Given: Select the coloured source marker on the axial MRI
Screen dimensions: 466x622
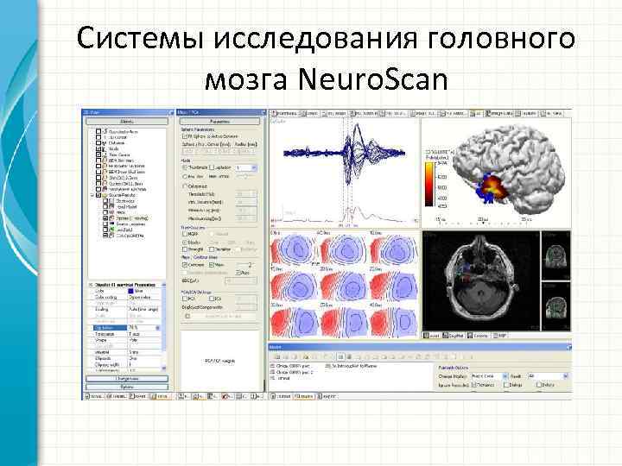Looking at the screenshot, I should [467, 274].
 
